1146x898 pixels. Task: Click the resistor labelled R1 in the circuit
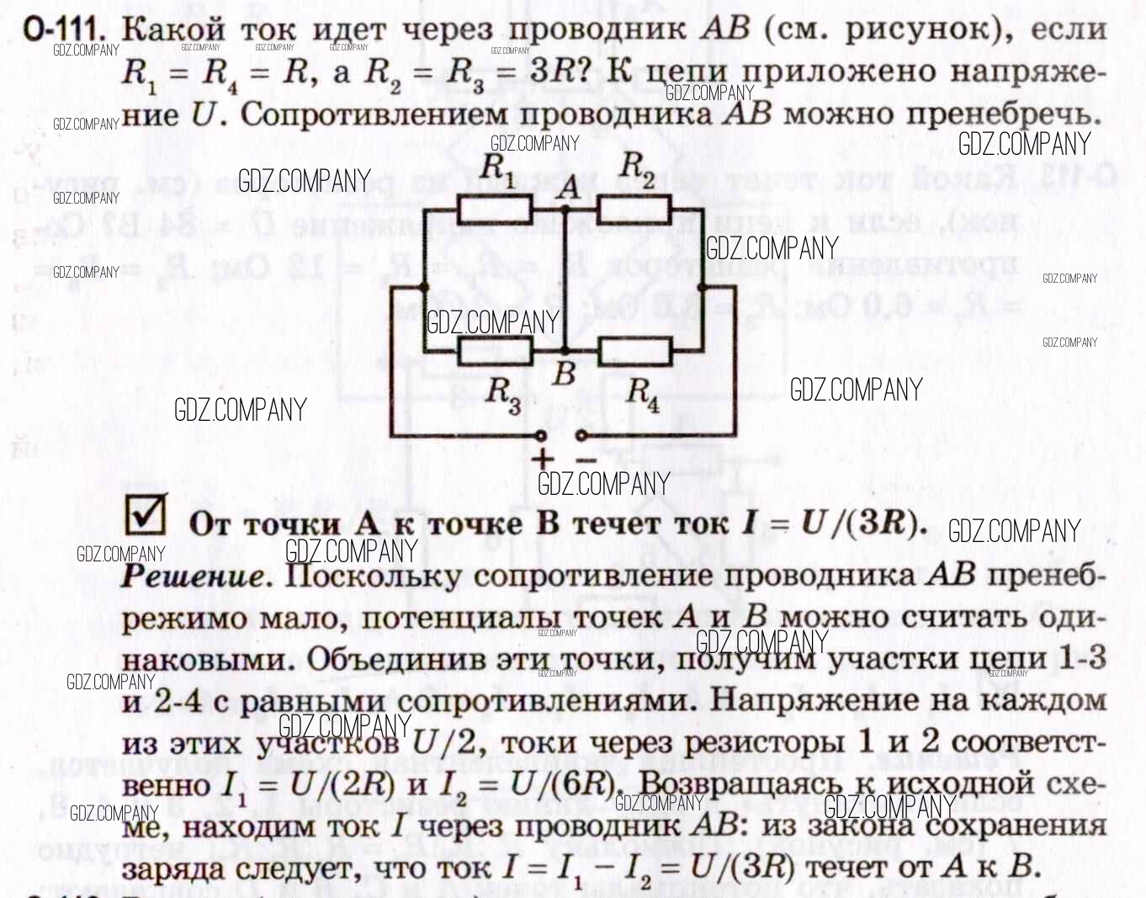495,209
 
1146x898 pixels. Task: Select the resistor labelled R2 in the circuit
634,209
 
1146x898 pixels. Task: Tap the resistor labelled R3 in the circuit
495,351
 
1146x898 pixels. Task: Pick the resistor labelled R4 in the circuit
635,351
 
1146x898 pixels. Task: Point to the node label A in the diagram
570,187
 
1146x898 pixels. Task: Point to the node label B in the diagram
564,373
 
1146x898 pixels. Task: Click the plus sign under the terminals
543,459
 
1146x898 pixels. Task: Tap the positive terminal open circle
541,436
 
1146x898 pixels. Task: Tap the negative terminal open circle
580,436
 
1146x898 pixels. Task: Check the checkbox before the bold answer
145,515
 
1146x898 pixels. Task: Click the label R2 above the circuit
637,168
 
